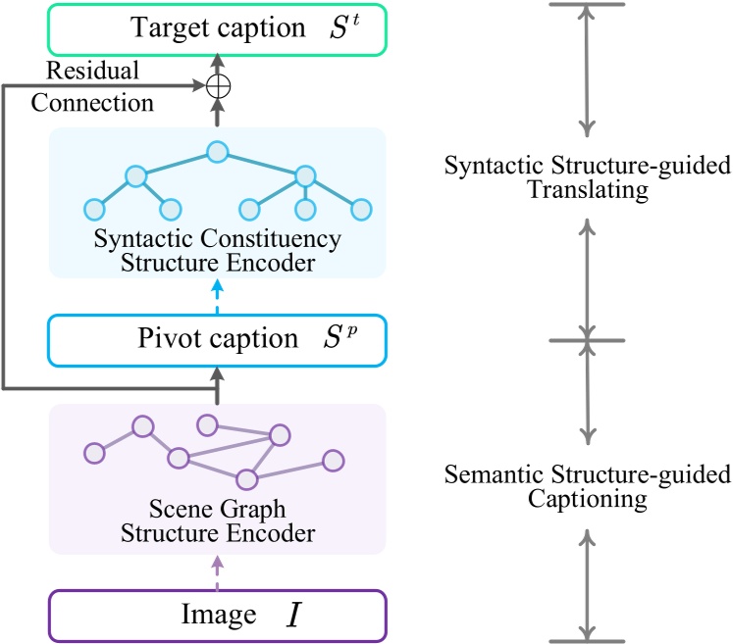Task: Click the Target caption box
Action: pyautogui.click(x=217, y=28)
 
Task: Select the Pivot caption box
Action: pyautogui.click(x=217, y=340)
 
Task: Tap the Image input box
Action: pyautogui.click(x=217, y=615)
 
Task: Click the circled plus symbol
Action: pyautogui.click(x=217, y=86)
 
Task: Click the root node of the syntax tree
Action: pyautogui.click(x=217, y=153)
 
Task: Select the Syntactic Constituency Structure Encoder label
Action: pyautogui.click(x=217, y=249)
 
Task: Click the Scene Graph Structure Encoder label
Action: pyautogui.click(x=217, y=521)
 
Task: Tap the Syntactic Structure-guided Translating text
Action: pyautogui.click(x=587, y=177)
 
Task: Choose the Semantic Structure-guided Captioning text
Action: pyautogui.click(x=587, y=487)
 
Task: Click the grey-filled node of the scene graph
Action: pyautogui.click(x=333, y=461)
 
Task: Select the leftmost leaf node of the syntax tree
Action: pyautogui.click(x=94, y=209)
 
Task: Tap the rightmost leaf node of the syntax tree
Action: pyautogui.click(x=361, y=209)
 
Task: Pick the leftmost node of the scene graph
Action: pyautogui.click(x=94, y=453)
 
